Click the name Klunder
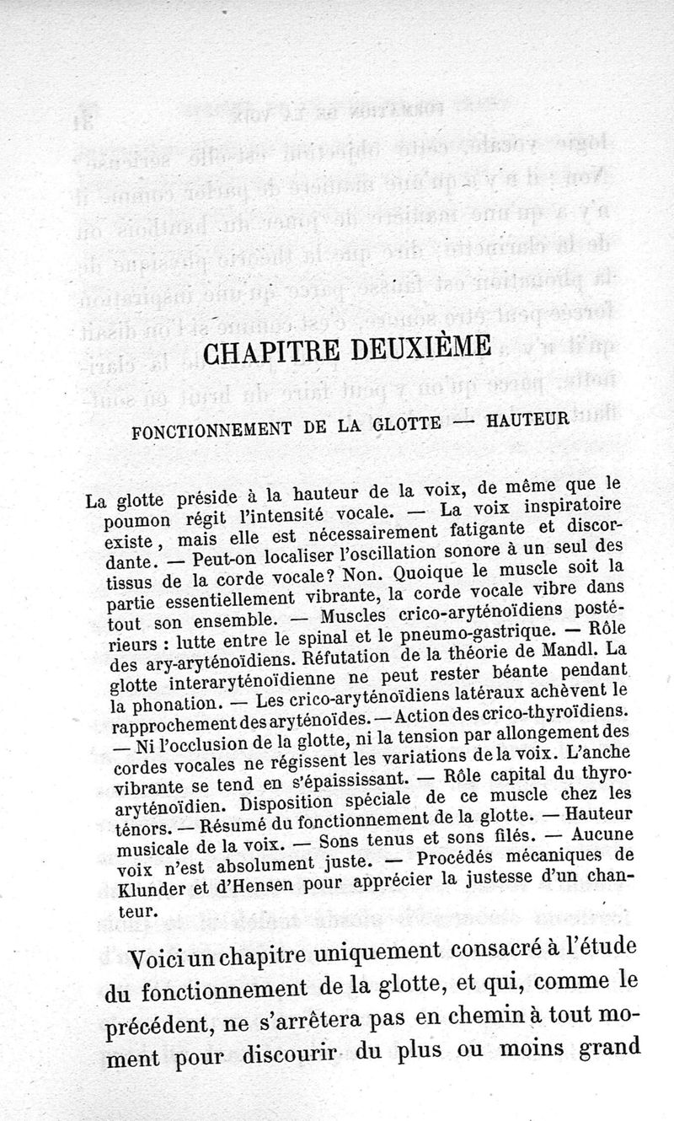[x=143, y=891]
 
